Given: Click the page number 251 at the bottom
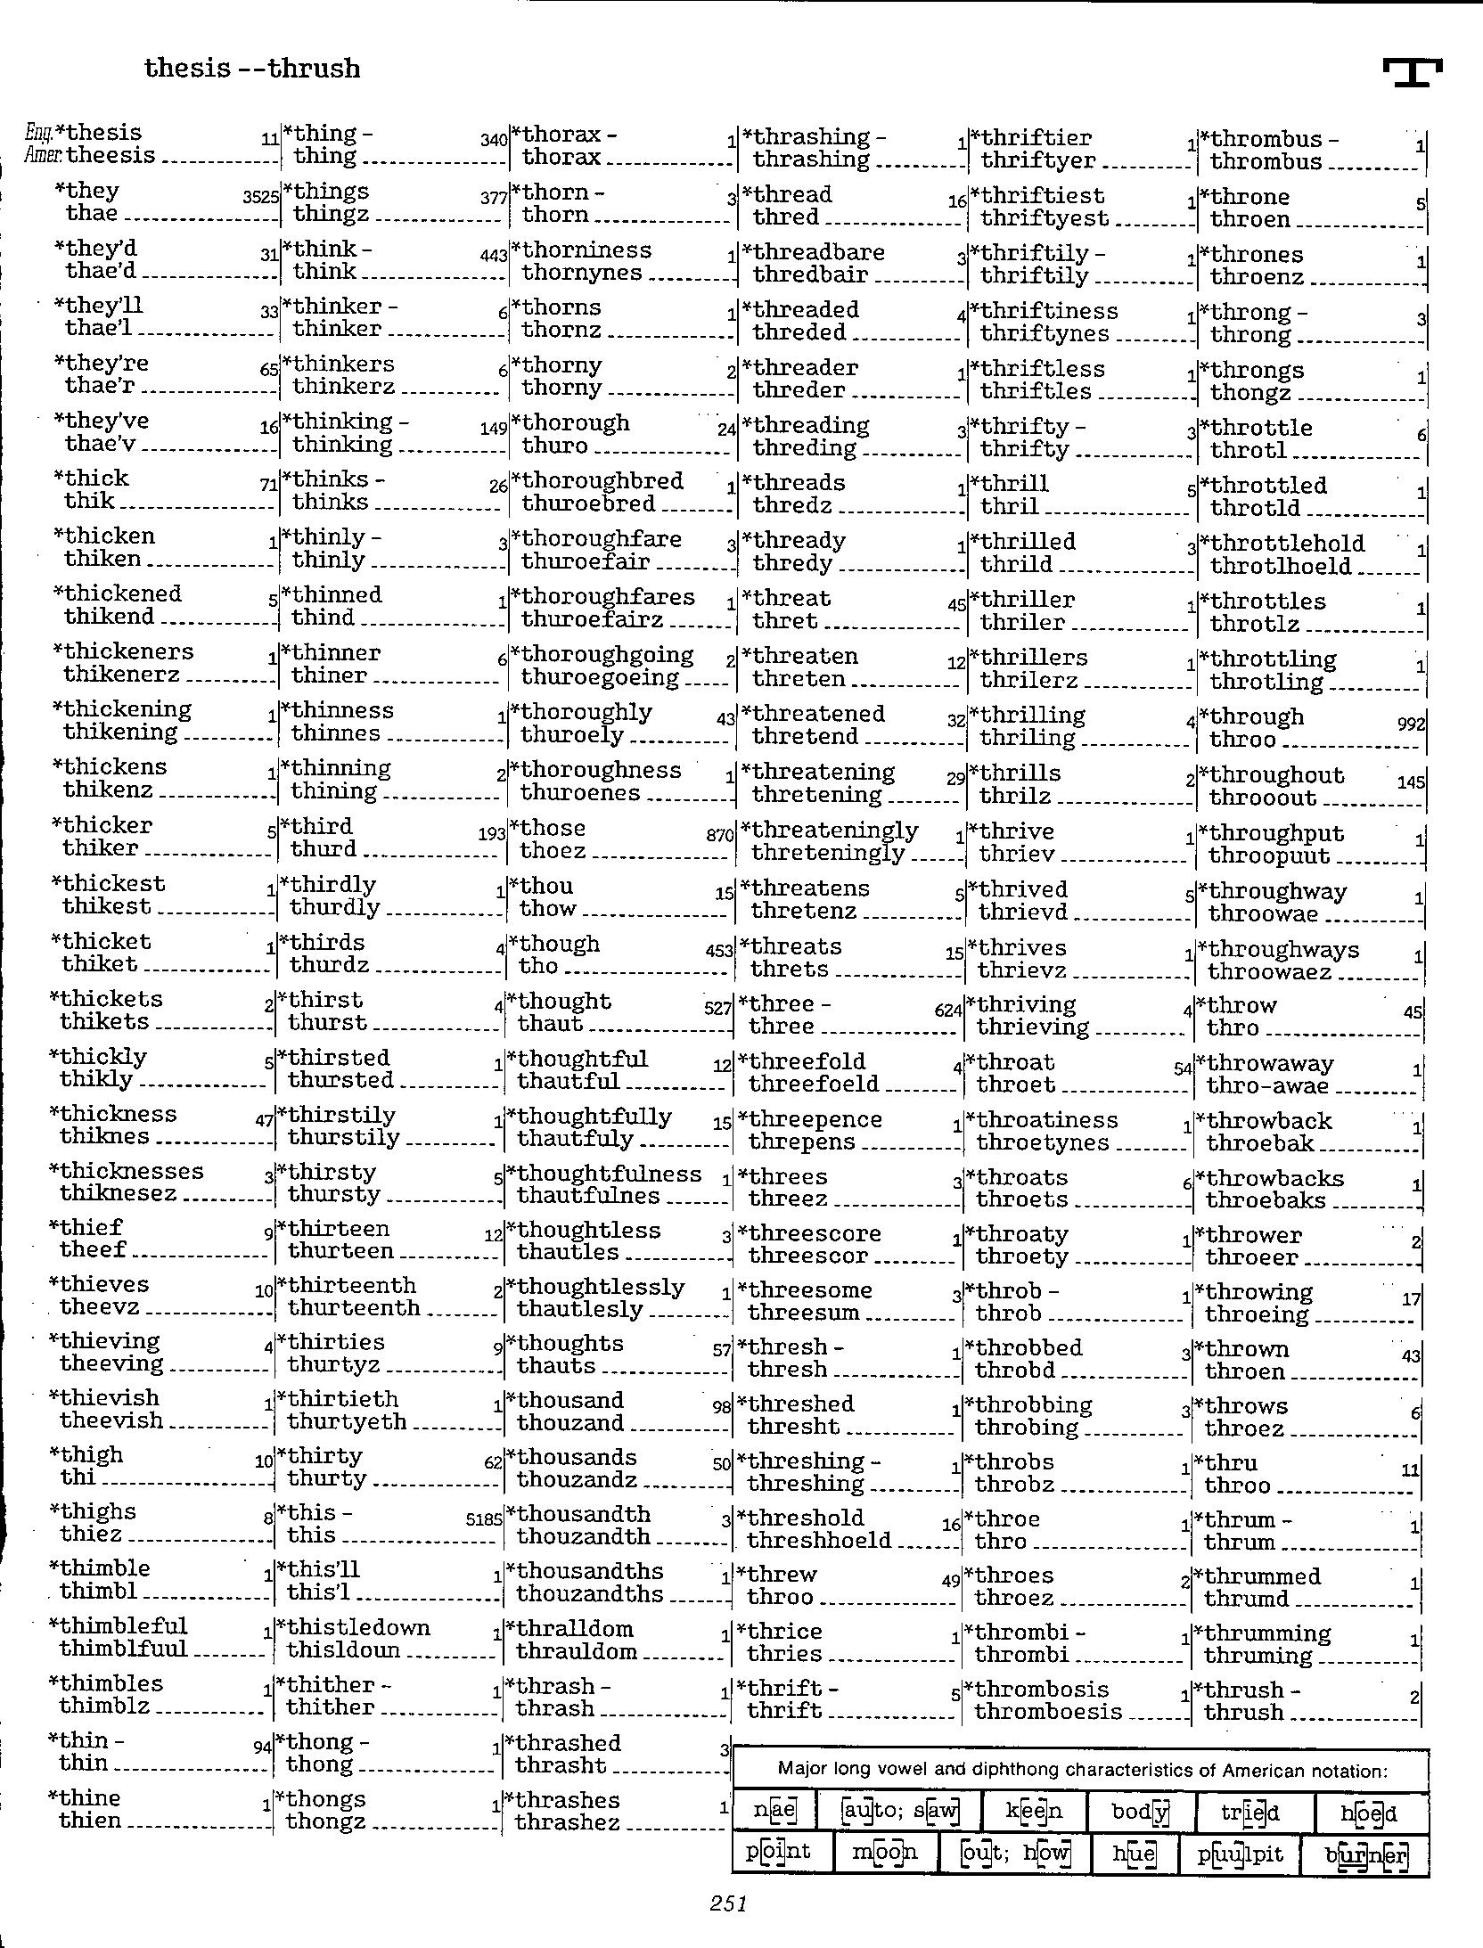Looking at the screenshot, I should (x=728, y=1903).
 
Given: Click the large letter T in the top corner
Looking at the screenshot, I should (x=1413, y=72).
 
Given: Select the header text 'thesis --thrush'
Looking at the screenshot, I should (x=252, y=69).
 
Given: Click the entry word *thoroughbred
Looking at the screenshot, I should (x=602, y=481).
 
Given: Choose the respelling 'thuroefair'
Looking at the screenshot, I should (x=586, y=561).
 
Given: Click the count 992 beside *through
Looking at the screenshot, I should (x=1412, y=724).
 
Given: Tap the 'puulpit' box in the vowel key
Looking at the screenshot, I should (x=1240, y=1854).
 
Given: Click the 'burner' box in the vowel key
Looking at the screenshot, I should (x=1365, y=1856).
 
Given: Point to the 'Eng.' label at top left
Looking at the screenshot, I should (x=39, y=134).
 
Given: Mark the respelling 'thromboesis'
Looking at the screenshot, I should (x=1048, y=1711).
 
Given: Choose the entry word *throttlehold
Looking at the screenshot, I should (x=1287, y=544).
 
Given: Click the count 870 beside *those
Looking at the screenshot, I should (x=720, y=836).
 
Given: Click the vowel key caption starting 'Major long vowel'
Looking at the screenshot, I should (x=1082, y=1770).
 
